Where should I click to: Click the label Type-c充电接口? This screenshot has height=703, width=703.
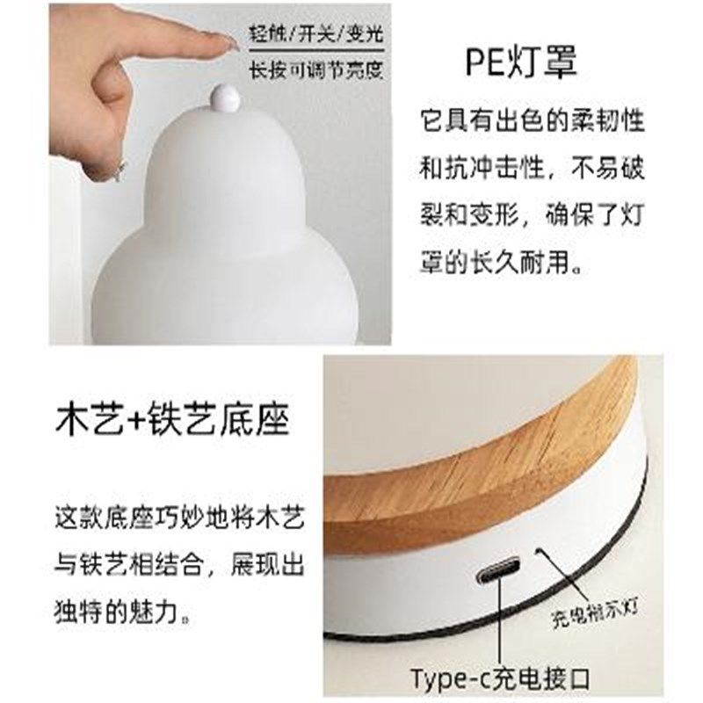(499, 679)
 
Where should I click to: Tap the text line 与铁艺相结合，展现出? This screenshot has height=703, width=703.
(179, 562)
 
